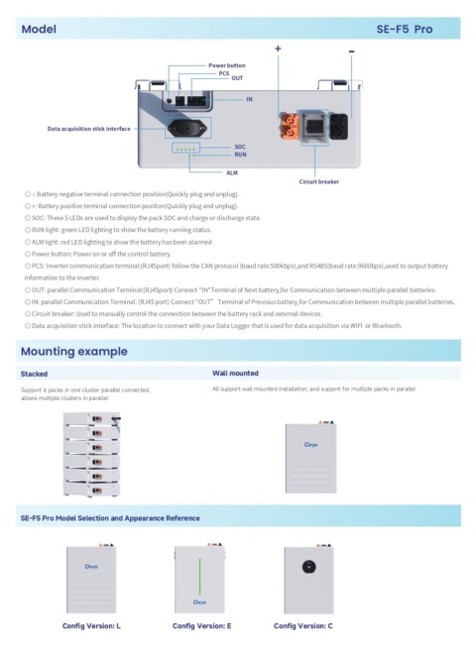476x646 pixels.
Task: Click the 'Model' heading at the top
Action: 39,30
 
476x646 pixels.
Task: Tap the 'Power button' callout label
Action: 226,64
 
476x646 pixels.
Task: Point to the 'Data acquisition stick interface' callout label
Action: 88,129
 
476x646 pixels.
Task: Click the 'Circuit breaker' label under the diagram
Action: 319,182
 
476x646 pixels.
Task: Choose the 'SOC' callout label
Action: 240,146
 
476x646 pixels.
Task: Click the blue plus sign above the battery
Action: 278,49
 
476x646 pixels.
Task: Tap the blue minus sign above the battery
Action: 352,50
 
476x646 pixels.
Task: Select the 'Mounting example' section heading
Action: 73,351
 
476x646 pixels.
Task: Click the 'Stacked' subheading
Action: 34,375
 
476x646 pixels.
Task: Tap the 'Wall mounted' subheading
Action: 236,375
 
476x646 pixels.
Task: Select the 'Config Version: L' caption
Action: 91,626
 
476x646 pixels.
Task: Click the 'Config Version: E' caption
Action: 201,626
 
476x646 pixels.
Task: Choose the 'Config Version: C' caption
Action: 303,626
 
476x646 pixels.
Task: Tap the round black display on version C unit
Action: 309,568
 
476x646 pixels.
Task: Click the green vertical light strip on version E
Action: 202,575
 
